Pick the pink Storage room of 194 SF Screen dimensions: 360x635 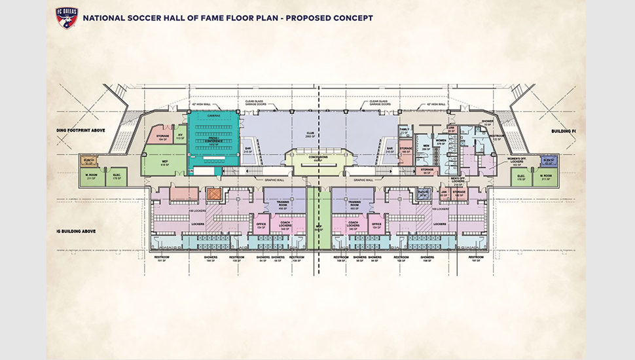[162, 136]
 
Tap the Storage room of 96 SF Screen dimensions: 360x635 [427, 171]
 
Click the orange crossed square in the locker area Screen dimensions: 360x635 [211, 194]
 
